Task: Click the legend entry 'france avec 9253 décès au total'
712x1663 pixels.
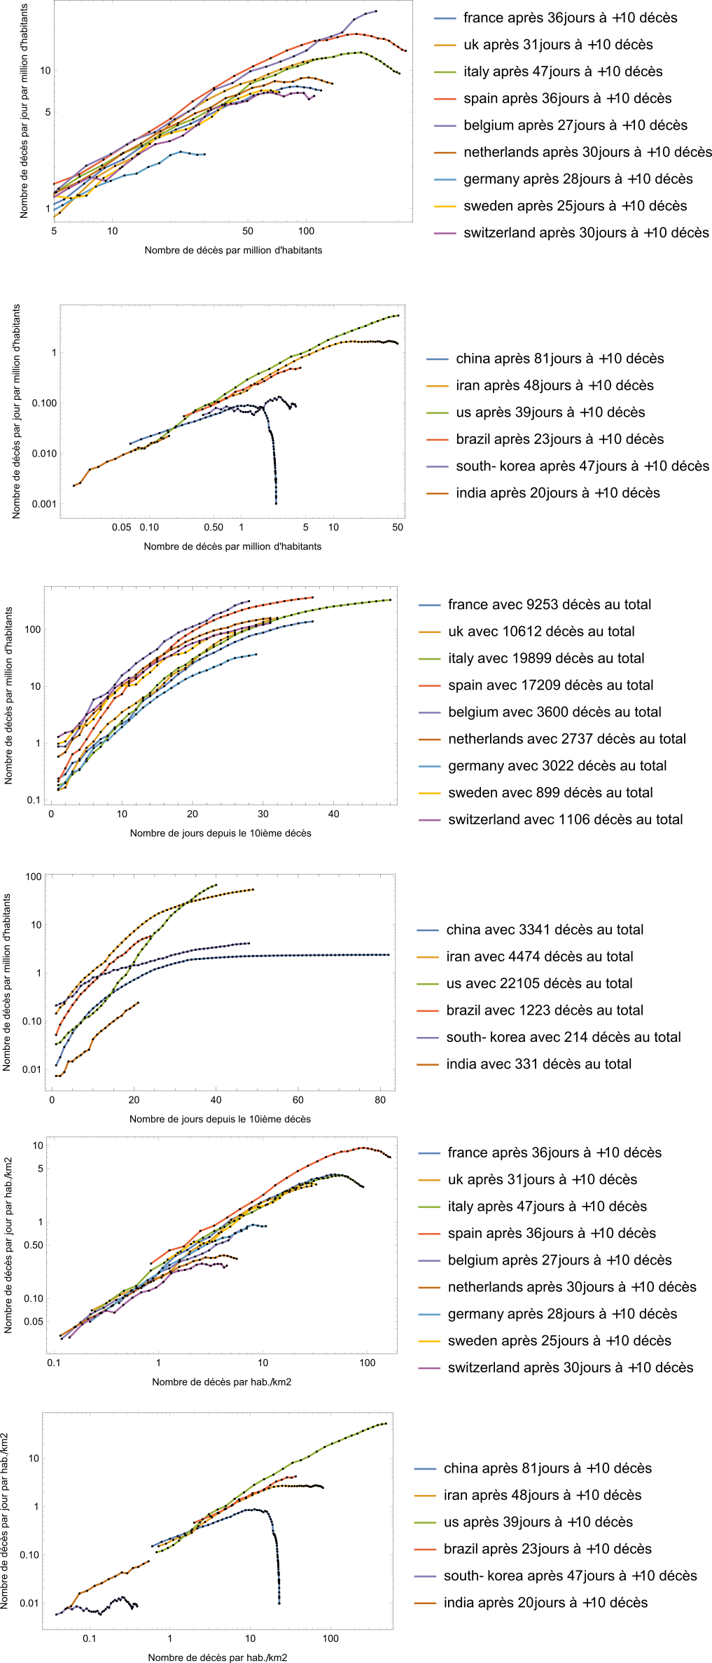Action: coord(550,604)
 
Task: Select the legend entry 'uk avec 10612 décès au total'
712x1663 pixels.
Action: coord(541,632)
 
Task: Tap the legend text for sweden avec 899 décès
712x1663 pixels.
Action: coord(550,793)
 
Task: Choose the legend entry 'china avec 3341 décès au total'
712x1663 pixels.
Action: coord(545,930)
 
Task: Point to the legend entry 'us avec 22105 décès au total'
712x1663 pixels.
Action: coord(539,984)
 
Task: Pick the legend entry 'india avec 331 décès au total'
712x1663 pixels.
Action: coord(538,1064)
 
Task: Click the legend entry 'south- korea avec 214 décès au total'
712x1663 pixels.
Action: coord(564,1037)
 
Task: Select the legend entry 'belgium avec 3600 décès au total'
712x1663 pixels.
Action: coord(554,712)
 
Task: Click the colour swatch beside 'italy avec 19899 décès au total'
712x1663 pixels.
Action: coord(429,659)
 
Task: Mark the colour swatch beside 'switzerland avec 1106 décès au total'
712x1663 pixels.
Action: coord(429,820)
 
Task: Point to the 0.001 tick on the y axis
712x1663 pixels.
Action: coord(43,504)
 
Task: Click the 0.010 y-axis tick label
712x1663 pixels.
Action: coord(43,454)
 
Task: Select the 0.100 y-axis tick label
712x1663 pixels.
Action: coord(43,403)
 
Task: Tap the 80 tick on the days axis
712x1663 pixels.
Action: coord(380,1100)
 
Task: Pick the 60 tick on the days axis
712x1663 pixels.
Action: coord(298,1100)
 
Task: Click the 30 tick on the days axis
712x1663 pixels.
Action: coord(263,814)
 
